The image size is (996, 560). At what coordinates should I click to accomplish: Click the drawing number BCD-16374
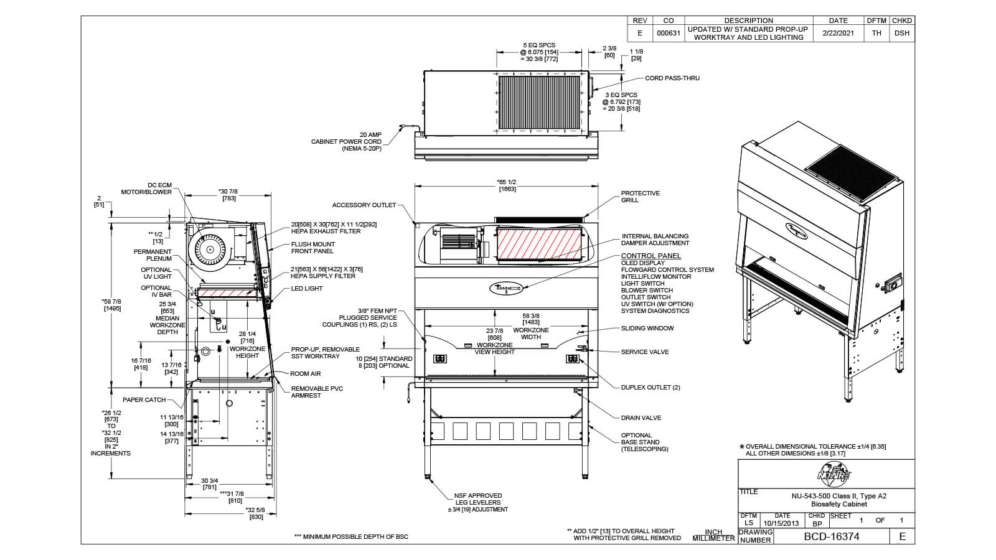(x=831, y=536)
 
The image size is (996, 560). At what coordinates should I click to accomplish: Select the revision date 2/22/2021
(x=838, y=33)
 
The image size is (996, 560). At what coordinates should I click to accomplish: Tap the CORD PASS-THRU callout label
(x=672, y=78)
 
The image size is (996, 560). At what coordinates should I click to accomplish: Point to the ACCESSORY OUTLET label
(x=364, y=205)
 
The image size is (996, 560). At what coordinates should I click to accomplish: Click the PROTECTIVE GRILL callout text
(x=640, y=197)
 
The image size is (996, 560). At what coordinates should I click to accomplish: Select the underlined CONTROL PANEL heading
(x=651, y=256)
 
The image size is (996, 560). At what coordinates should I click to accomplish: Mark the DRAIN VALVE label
(x=641, y=418)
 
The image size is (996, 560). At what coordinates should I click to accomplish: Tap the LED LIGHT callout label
(x=307, y=289)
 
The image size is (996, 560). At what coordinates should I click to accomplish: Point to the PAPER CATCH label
(x=144, y=400)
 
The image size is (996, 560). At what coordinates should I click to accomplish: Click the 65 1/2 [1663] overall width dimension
(x=507, y=185)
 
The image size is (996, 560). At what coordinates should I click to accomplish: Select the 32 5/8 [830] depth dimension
(x=256, y=514)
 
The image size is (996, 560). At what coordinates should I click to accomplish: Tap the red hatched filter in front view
(x=538, y=243)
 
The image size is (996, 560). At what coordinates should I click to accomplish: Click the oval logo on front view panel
(x=506, y=289)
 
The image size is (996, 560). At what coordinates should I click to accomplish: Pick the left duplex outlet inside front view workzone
(x=440, y=359)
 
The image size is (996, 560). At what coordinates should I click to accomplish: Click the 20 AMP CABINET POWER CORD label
(x=346, y=142)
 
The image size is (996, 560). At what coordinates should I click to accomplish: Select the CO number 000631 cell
(x=668, y=33)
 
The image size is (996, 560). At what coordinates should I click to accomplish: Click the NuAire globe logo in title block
(x=833, y=475)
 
